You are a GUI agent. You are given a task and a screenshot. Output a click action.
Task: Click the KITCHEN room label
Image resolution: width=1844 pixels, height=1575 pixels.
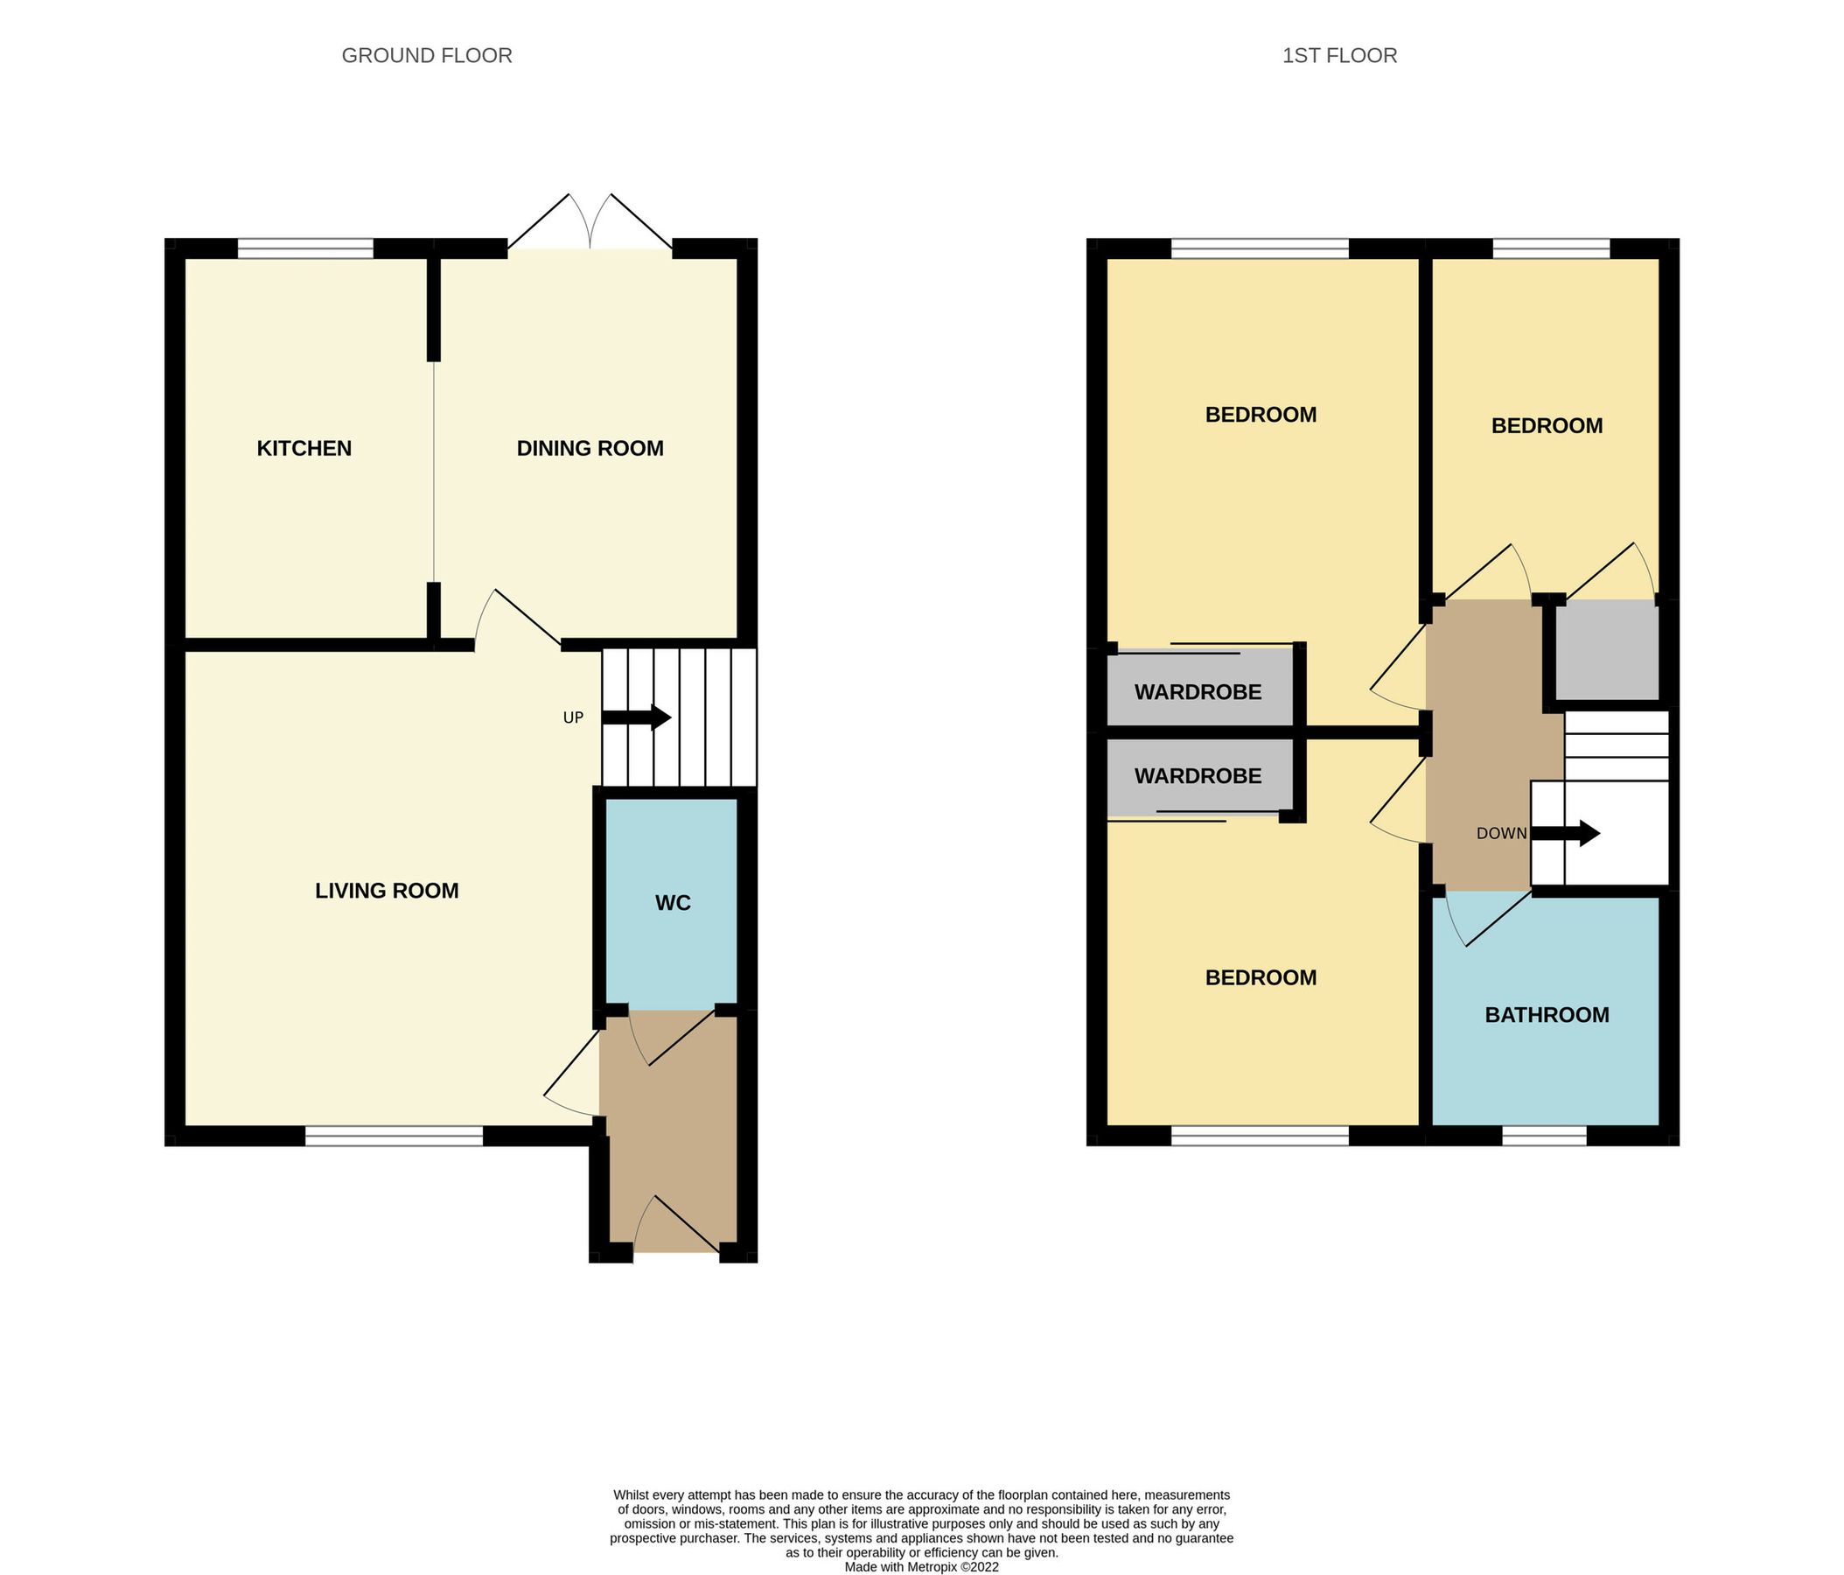tap(304, 448)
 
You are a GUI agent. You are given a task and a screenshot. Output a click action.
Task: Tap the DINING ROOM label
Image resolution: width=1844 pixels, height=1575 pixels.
tap(590, 448)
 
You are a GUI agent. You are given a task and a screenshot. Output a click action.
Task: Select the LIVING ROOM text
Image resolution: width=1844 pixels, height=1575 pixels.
tap(388, 891)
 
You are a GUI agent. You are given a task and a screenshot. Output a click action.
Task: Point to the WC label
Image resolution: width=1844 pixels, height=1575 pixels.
tap(673, 903)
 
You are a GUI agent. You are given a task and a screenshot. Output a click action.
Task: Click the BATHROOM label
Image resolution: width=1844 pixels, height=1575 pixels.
tap(1547, 1015)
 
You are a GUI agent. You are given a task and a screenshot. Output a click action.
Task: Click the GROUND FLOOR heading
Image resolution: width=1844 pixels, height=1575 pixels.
tap(427, 55)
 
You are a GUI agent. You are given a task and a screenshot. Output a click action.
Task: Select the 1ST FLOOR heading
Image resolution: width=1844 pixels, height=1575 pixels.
tap(1339, 55)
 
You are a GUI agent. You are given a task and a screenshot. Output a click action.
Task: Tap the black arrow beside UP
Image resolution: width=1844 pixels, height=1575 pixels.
tap(636, 717)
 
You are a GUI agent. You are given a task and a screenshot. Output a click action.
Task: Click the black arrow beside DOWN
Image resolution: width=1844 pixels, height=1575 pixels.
tap(1566, 834)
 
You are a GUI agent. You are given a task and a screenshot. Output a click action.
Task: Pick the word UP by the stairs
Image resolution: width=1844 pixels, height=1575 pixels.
tap(573, 717)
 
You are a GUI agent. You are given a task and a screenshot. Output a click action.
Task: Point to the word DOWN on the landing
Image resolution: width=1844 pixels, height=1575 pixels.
tap(1501, 834)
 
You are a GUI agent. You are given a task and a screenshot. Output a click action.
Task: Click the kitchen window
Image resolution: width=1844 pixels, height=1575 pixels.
tap(305, 248)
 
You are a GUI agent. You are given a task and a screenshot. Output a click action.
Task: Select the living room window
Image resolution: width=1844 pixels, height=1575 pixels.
tap(395, 1136)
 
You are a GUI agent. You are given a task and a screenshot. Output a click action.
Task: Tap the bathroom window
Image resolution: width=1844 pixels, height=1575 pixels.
tap(1544, 1136)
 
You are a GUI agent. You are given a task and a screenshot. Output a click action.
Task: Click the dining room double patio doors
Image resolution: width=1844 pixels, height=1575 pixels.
tap(590, 222)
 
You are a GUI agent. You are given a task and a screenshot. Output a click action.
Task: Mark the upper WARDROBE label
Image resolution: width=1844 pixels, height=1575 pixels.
tap(1198, 692)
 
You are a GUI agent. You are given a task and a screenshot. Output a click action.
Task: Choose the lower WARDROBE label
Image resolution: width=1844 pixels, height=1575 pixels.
tap(1198, 776)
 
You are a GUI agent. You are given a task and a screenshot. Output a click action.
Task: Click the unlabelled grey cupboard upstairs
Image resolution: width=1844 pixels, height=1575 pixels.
tap(1606, 649)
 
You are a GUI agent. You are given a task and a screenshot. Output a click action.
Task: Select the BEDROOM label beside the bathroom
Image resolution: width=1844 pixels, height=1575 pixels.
tap(1261, 977)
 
